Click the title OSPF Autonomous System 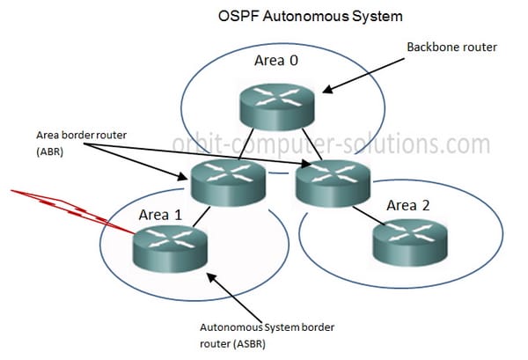pos(310,16)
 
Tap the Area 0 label pos(276,61)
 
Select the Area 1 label pos(160,215)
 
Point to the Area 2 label pos(408,205)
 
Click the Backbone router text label pos(452,48)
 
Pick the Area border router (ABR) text pos(82,143)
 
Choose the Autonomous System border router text pos(267,335)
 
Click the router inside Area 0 pos(277,107)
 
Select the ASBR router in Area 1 pos(171,248)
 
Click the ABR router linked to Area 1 pos(228,183)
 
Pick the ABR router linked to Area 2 pos(333,183)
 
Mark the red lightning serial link pos(72,211)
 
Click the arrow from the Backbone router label pos(363,76)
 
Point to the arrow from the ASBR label pos(234,298)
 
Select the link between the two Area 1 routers pos(202,217)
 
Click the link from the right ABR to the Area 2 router pos(369,215)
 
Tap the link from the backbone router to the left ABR pos(246,143)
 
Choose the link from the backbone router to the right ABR pos(312,144)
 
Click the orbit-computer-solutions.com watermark pos(331,144)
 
